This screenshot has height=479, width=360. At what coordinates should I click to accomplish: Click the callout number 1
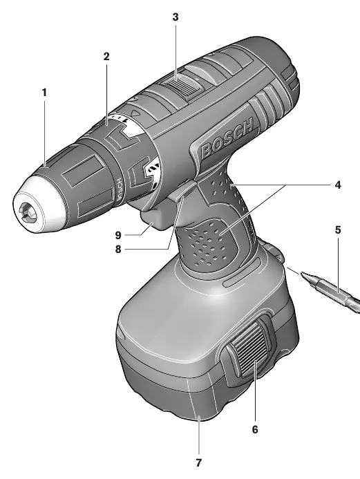45,92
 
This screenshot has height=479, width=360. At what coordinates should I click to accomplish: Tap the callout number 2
106,56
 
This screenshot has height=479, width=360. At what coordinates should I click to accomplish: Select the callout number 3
176,17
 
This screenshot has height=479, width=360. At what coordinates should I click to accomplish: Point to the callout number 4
337,185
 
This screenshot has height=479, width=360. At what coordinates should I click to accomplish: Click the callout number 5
338,229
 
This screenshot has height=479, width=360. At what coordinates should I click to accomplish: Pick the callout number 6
255,429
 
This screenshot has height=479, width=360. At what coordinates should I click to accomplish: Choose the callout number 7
199,463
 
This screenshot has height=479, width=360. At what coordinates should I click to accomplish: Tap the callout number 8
118,250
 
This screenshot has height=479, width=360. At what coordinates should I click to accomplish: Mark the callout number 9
118,235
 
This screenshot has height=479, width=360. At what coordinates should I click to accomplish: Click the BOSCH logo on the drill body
227,138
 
